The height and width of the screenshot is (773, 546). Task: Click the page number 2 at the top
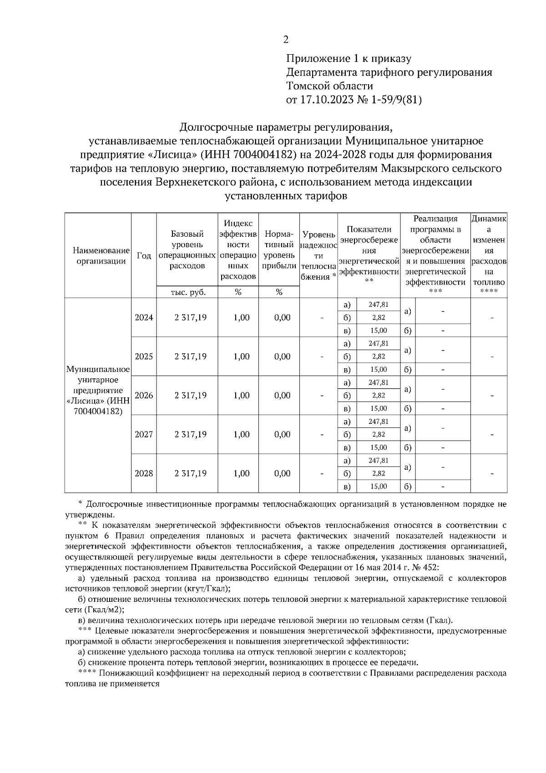[x=286, y=40]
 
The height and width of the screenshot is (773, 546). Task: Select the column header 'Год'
[x=144, y=256]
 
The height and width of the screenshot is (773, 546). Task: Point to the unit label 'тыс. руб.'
[x=187, y=293]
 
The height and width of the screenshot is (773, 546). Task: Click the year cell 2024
[x=144, y=317]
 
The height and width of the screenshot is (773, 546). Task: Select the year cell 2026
[x=144, y=396]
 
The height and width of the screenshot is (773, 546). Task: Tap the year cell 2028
[x=144, y=473]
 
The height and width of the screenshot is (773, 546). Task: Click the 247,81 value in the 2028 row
[x=378, y=461]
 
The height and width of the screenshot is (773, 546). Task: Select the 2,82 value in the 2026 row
[x=378, y=396]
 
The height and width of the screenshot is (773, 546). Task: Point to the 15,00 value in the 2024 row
[x=378, y=331]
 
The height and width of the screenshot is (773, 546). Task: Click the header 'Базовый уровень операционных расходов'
[x=187, y=250]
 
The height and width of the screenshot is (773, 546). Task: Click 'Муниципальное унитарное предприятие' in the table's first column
[x=98, y=380]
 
